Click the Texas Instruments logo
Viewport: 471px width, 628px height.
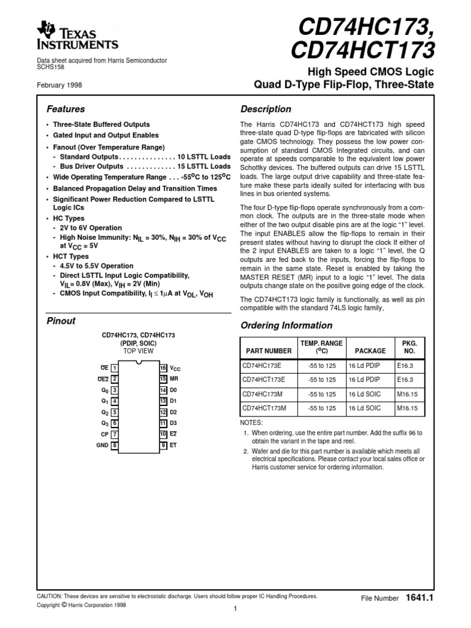[x=78, y=36]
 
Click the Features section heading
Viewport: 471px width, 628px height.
[x=66, y=109]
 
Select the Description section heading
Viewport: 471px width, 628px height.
[x=266, y=109]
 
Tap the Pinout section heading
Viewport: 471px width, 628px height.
[x=61, y=321]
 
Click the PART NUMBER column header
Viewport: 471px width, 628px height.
[x=269, y=351]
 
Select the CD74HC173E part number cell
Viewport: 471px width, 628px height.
[x=262, y=366]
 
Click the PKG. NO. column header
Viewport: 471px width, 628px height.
[x=408, y=347]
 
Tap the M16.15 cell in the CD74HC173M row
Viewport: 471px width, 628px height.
[x=407, y=394]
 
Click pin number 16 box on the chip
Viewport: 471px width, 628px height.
[x=163, y=367]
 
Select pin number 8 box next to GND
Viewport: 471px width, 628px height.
[x=115, y=445]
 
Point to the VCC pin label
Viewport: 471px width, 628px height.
[x=175, y=368]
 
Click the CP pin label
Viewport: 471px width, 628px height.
[x=104, y=434]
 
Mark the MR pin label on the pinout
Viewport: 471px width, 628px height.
[x=174, y=378]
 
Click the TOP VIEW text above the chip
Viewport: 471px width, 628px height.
[x=139, y=351]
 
